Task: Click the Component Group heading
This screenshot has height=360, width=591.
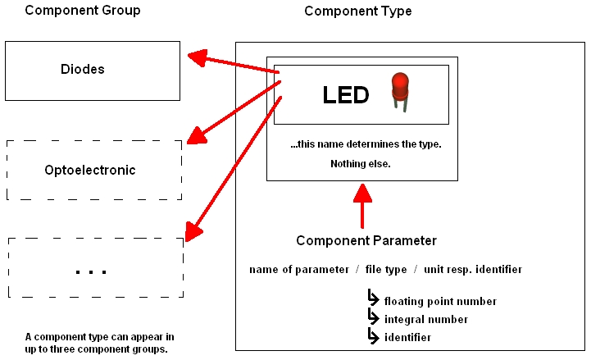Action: tap(83, 11)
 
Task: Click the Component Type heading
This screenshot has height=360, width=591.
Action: tap(358, 11)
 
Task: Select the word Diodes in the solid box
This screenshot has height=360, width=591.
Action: tap(83, 70)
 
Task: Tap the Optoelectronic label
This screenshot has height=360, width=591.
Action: tap(90, 171)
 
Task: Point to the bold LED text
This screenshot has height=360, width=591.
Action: tap(346, 95)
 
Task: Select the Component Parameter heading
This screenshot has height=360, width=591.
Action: tap(366, 241)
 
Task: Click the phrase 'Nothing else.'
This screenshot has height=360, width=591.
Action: tap(361, 164)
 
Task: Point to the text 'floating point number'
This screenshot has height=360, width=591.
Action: tap(440, 302)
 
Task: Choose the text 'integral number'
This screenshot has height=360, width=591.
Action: tap(426, 320)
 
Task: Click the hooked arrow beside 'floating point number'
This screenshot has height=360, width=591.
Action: tap(373, 299)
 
